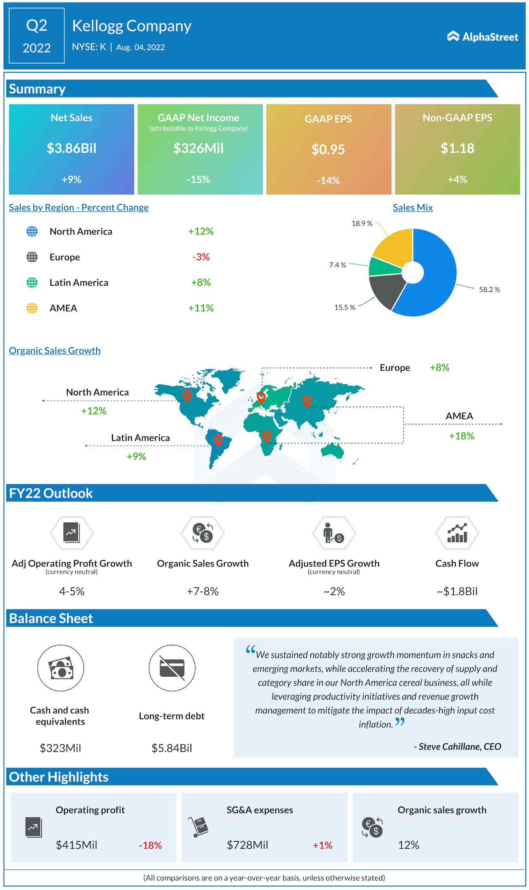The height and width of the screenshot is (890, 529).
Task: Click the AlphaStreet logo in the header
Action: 482,37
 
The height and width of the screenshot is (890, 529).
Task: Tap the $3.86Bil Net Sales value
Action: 71,148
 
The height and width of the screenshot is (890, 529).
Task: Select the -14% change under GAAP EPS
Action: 328,180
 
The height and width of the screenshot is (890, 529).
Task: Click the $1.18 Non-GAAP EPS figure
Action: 457,148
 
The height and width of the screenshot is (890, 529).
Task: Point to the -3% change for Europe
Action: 201,257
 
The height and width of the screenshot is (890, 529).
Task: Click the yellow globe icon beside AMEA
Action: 32,308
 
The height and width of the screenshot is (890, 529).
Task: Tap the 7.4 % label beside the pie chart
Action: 337,265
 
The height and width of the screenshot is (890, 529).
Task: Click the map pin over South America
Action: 218,440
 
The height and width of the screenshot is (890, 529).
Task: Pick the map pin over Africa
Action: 267,436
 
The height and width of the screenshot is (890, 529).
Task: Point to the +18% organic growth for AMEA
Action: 461,436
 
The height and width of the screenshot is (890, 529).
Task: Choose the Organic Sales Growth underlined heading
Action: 55,350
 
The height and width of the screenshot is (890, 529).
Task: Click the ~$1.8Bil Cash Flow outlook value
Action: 457,592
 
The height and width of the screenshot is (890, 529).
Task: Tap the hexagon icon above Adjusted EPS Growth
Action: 334,533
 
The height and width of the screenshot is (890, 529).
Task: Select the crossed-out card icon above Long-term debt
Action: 172,668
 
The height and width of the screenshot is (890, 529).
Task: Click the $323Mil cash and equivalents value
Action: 60,748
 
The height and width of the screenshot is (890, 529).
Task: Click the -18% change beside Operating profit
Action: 150,845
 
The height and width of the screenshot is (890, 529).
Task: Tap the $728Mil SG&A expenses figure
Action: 247,845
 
